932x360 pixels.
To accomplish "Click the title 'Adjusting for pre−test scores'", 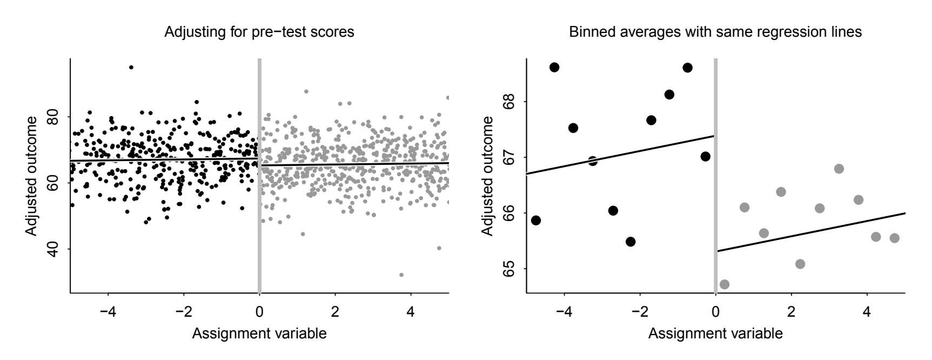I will [x=259, y=32].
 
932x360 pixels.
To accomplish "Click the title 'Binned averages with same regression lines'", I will [x=715, y=32].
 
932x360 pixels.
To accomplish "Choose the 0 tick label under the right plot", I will [x=716, y=312].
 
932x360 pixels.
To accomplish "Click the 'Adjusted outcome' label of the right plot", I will [x=487, y=176].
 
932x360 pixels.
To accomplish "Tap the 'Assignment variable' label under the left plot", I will [x=259, y=334].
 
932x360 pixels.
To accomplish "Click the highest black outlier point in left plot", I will [x=131, y=68].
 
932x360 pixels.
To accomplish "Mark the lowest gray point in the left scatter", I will [x=401, y=275].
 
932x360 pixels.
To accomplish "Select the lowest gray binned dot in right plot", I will [x=725, y=284].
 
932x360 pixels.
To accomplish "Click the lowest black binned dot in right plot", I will [x=630, y=242].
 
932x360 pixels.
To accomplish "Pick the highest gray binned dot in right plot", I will [x=839, y=169].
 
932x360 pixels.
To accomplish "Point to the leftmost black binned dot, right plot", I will [x=536, y=220].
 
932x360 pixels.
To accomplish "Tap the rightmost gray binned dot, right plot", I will [x=894, y=238].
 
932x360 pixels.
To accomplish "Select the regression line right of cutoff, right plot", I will [x=810, y=232].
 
